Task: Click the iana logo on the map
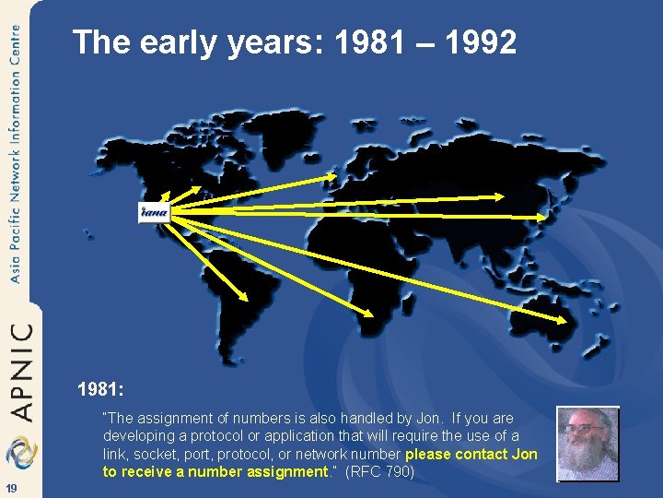coord(154,212)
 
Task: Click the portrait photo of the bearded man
coord(587,444)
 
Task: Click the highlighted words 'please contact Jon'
coord(471,455)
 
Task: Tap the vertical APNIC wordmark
coord(20,370)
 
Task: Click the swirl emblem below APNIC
coord(18,452)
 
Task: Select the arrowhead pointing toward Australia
coord(564,319)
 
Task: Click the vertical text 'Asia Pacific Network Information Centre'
coord(16,152)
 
